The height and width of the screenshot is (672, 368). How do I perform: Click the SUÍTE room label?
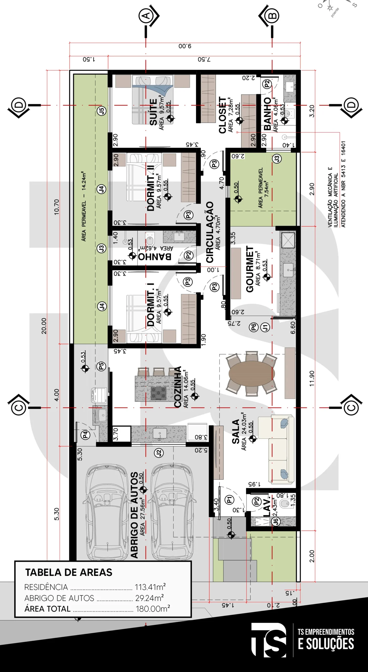pyautogui.click(x=153, y=112)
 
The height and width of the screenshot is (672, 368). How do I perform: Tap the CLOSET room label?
pyautogui.click(x=223, y=115)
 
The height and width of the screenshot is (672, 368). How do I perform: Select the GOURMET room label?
pyautogui.click(x=250, y=269)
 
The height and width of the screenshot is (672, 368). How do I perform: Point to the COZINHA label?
pyautogui.click(x=178, y=387)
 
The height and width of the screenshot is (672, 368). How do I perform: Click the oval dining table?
pyautogui.click(x=252, y=373)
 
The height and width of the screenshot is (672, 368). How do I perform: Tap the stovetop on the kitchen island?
pyautogui.click(x=159, y=393)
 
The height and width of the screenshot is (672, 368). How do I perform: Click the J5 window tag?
pyautogui.click(x=102, y=111)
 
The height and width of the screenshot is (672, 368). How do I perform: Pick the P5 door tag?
pyautogui.click(x=101, y=366)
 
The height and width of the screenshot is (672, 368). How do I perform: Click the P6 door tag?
pyautogui.click(x=253, y=327)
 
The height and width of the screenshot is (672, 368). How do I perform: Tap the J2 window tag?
pyautogui.click(x=159, y=453)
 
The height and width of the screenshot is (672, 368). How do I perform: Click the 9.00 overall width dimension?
pyautogui.click(x=185, y=46)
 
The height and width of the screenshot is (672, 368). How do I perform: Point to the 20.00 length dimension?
pyautogui.click(x=44, y=326)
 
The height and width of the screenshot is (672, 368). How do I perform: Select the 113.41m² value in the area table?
pyautogui.click(x=150, y=587)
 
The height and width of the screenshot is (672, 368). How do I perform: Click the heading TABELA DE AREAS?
pyautogui.click(x=69, y=572)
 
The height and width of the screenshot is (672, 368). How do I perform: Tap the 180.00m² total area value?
pyautogui.click(x=153, y=608)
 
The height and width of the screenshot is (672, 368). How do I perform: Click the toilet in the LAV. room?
pyautogui.click(x=285, y=503)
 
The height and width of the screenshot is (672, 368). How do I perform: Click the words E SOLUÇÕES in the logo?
pyautogui.click(x=326, y=644)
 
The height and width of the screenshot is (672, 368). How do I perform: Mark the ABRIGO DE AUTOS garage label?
pyautogui.click(x=134, y=515)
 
